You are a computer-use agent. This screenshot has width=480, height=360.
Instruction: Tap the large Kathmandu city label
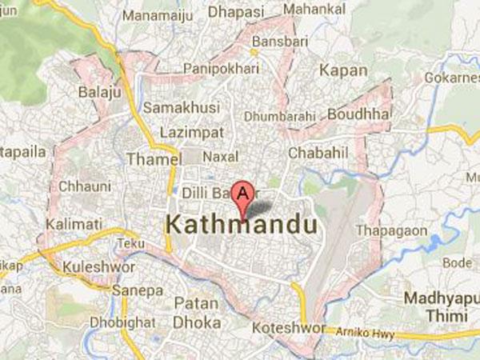pos(241,226)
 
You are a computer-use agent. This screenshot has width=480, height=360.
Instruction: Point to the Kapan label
pos(343,71)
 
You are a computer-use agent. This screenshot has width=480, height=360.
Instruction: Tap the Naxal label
pos(222,156)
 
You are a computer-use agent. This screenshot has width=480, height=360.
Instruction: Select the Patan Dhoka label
pos(197,313)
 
